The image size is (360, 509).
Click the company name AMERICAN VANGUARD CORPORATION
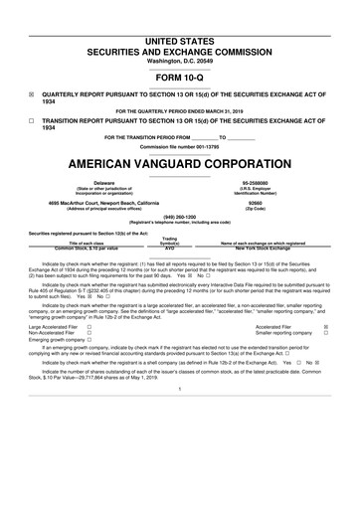point(179,162)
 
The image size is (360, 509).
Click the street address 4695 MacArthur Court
point(117,204)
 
